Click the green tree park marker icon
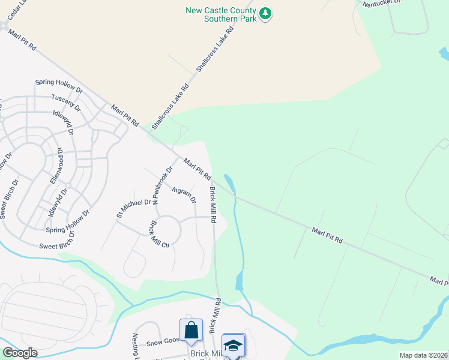pos(265,13)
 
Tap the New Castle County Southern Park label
pos(221,14)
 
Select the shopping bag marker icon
pos(191,330)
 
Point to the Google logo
pos(19,353)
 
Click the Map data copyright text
pos(423,355)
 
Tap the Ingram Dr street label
pos(184,196)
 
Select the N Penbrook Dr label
pos(163,185)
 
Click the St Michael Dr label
pos(133,208)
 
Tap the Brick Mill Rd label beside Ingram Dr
pos(212,204)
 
